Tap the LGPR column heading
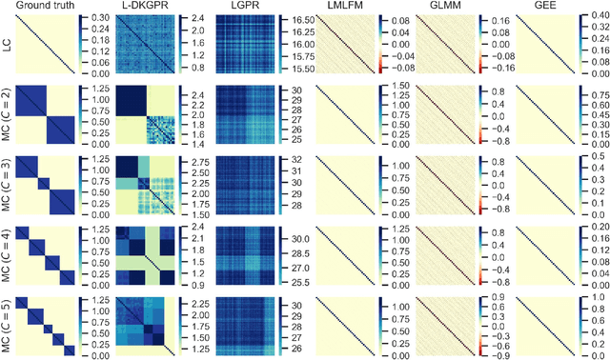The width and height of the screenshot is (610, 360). [242, 7]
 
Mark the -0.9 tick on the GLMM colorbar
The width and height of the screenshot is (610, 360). [495, 356]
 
